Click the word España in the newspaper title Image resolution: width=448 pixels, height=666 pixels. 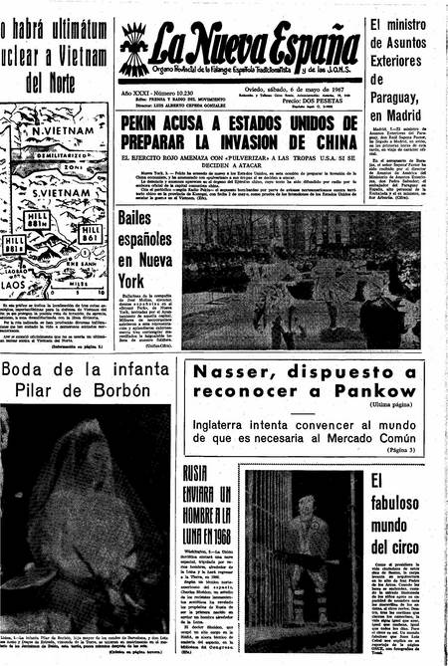303,42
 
